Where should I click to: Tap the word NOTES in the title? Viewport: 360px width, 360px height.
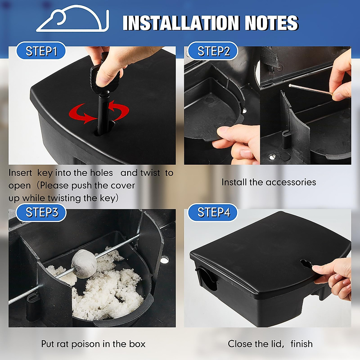271,23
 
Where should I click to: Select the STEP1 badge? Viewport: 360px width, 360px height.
41,51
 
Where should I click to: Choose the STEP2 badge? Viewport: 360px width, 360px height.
213,51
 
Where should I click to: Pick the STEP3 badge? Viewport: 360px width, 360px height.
41,212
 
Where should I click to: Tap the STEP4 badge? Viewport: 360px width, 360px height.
213,212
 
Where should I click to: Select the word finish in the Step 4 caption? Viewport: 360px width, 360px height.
301,344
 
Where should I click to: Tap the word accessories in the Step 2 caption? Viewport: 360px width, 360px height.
291,182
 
